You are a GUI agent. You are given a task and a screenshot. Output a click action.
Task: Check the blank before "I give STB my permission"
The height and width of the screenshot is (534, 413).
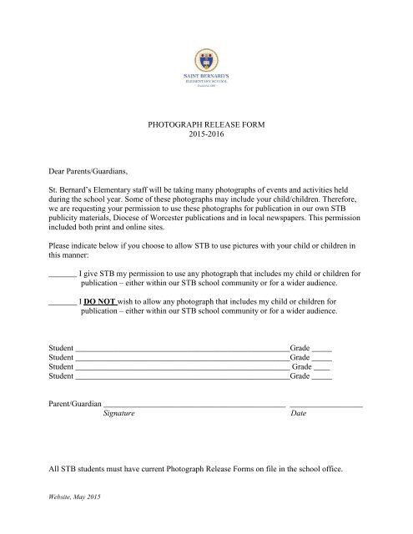point(63,275)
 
